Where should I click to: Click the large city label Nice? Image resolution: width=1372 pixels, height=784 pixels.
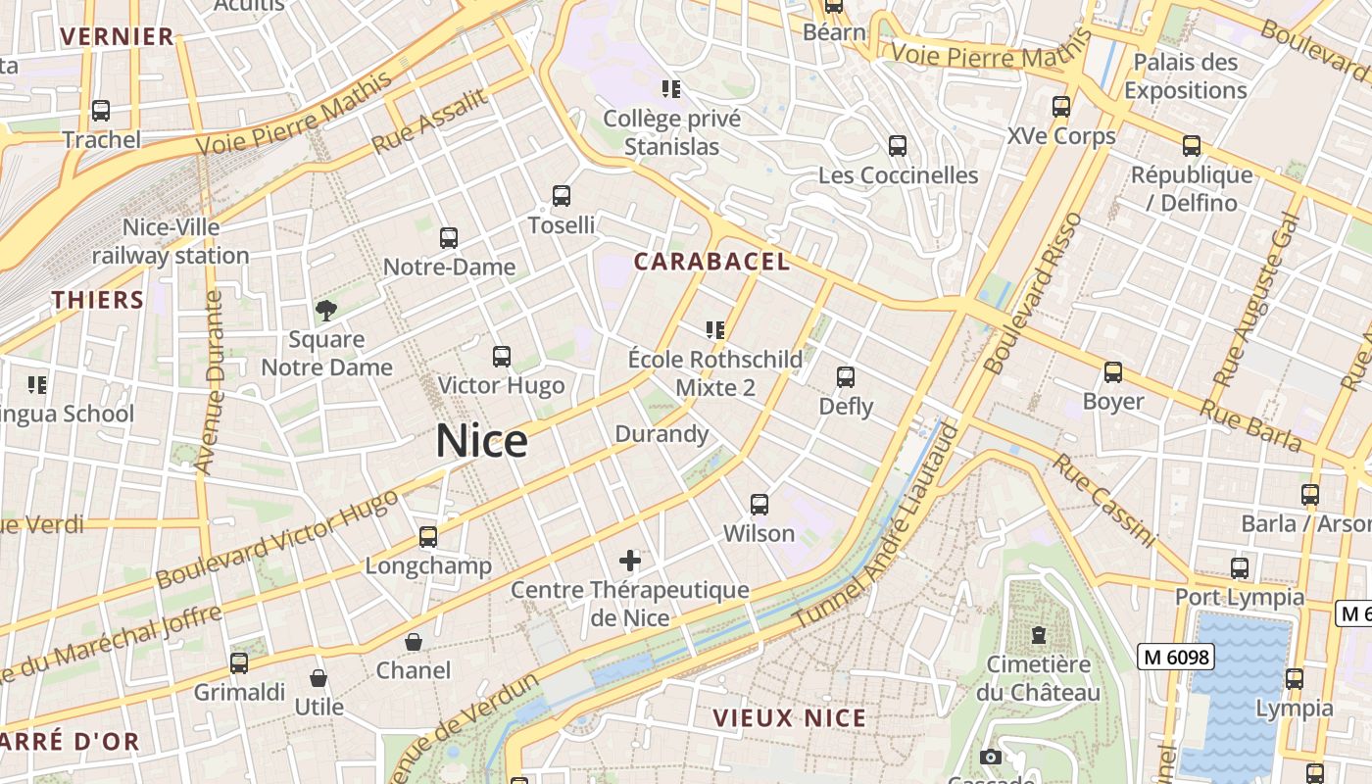point(481,441)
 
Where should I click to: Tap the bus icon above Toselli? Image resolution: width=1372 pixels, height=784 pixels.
point(562,196)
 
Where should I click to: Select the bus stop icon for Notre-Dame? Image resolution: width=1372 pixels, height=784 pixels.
point(449,237)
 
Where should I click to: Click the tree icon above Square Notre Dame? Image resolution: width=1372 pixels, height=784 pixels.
point(326,311)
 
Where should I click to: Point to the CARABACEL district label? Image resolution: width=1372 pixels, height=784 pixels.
point(711,262)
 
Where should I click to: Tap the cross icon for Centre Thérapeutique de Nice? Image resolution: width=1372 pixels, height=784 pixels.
point(630,561)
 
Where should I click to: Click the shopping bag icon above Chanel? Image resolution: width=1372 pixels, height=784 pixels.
point(414,642)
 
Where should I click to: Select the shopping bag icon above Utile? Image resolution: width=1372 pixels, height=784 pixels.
point(318,678)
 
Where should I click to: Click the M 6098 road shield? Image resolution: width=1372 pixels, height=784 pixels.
point(1175,657)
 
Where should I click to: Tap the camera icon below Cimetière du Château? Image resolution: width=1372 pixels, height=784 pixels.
point(991,757)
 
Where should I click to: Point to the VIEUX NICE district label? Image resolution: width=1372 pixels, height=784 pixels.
point(790,718)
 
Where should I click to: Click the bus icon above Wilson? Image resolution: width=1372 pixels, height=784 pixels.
point(759,505)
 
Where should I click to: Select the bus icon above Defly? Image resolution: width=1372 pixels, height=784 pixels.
point(846,377)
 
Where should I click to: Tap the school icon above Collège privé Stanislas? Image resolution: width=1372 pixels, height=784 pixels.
point(671,89)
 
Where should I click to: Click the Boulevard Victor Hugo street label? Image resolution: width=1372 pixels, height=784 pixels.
point(276,540)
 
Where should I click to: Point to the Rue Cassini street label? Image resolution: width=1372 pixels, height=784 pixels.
point(1104,500)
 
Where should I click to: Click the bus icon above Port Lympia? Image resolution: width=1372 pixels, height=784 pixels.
point(1240,568)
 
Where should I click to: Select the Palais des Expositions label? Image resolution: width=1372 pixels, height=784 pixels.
point(1185,76)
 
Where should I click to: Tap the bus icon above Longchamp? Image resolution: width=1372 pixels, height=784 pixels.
point(428,537)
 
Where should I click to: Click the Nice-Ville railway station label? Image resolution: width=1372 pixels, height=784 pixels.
point(171,242)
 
